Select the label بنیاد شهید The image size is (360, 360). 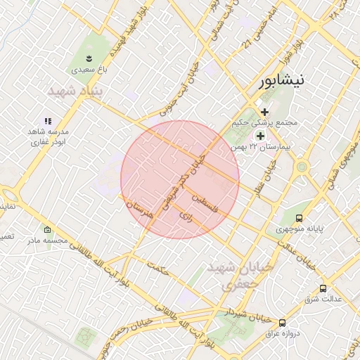coord(75,91)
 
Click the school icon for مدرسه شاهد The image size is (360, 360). coord(48,121)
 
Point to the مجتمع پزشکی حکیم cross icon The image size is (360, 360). coord(264,112)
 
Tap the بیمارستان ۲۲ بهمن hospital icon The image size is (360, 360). coord(260,136)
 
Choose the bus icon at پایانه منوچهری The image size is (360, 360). coord(271,218)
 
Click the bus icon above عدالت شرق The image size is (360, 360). coord(323,288)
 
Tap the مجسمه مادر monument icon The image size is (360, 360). coord(47,230)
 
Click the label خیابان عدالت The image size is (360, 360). coord(292,254)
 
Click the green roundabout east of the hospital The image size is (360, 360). coord(302,167)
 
